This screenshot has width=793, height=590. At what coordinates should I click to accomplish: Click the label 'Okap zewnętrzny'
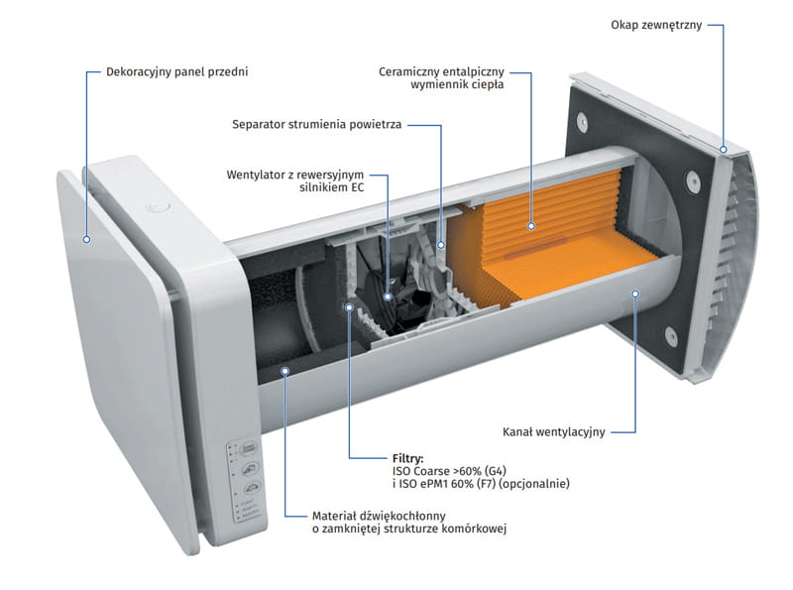(656, 25)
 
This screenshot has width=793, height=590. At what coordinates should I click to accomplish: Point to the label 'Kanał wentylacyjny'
(554, 431)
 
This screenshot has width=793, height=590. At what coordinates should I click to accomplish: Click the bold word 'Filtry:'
(408, 459)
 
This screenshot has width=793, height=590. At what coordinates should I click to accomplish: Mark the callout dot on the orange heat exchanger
(531, 227)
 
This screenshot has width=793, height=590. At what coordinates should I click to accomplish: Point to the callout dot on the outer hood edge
(725, 149)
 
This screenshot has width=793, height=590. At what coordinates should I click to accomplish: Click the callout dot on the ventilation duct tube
(635, 294)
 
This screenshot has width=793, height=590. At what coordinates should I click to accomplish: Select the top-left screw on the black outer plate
(582, 124)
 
